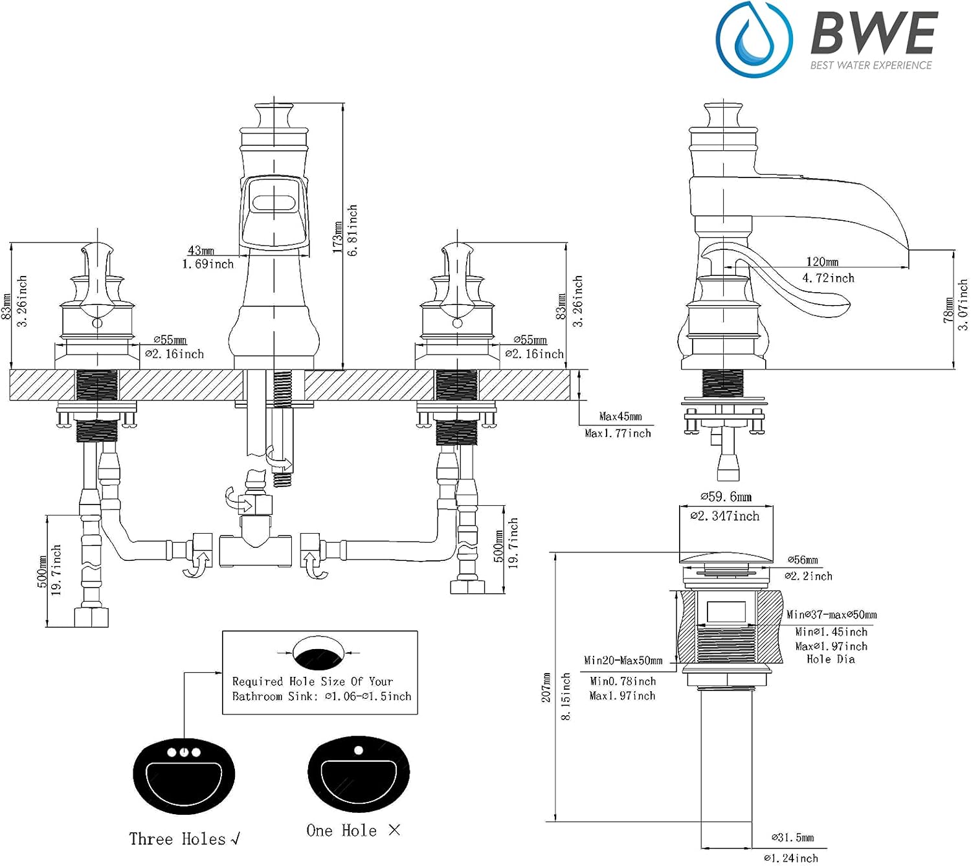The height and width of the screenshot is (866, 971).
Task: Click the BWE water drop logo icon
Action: (753, 40)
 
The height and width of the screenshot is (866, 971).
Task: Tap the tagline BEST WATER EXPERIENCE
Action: (871, 65)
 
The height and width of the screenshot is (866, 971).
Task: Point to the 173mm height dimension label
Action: (337, 237)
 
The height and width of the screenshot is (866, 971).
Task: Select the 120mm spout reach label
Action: (822, 261)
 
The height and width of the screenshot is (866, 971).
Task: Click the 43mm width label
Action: (201, 250)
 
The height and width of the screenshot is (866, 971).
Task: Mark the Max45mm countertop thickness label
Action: (620, 416)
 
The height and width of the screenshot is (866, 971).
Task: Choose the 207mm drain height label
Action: (546, 687)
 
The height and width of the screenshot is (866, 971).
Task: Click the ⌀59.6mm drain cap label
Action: (726, 496)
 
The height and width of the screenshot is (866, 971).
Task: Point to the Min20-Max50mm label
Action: (623, 660)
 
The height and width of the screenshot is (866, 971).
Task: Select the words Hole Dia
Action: (831, 659)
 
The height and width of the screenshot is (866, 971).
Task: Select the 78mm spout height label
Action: (948, 310)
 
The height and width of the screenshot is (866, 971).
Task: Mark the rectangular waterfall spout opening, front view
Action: (274, 203)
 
